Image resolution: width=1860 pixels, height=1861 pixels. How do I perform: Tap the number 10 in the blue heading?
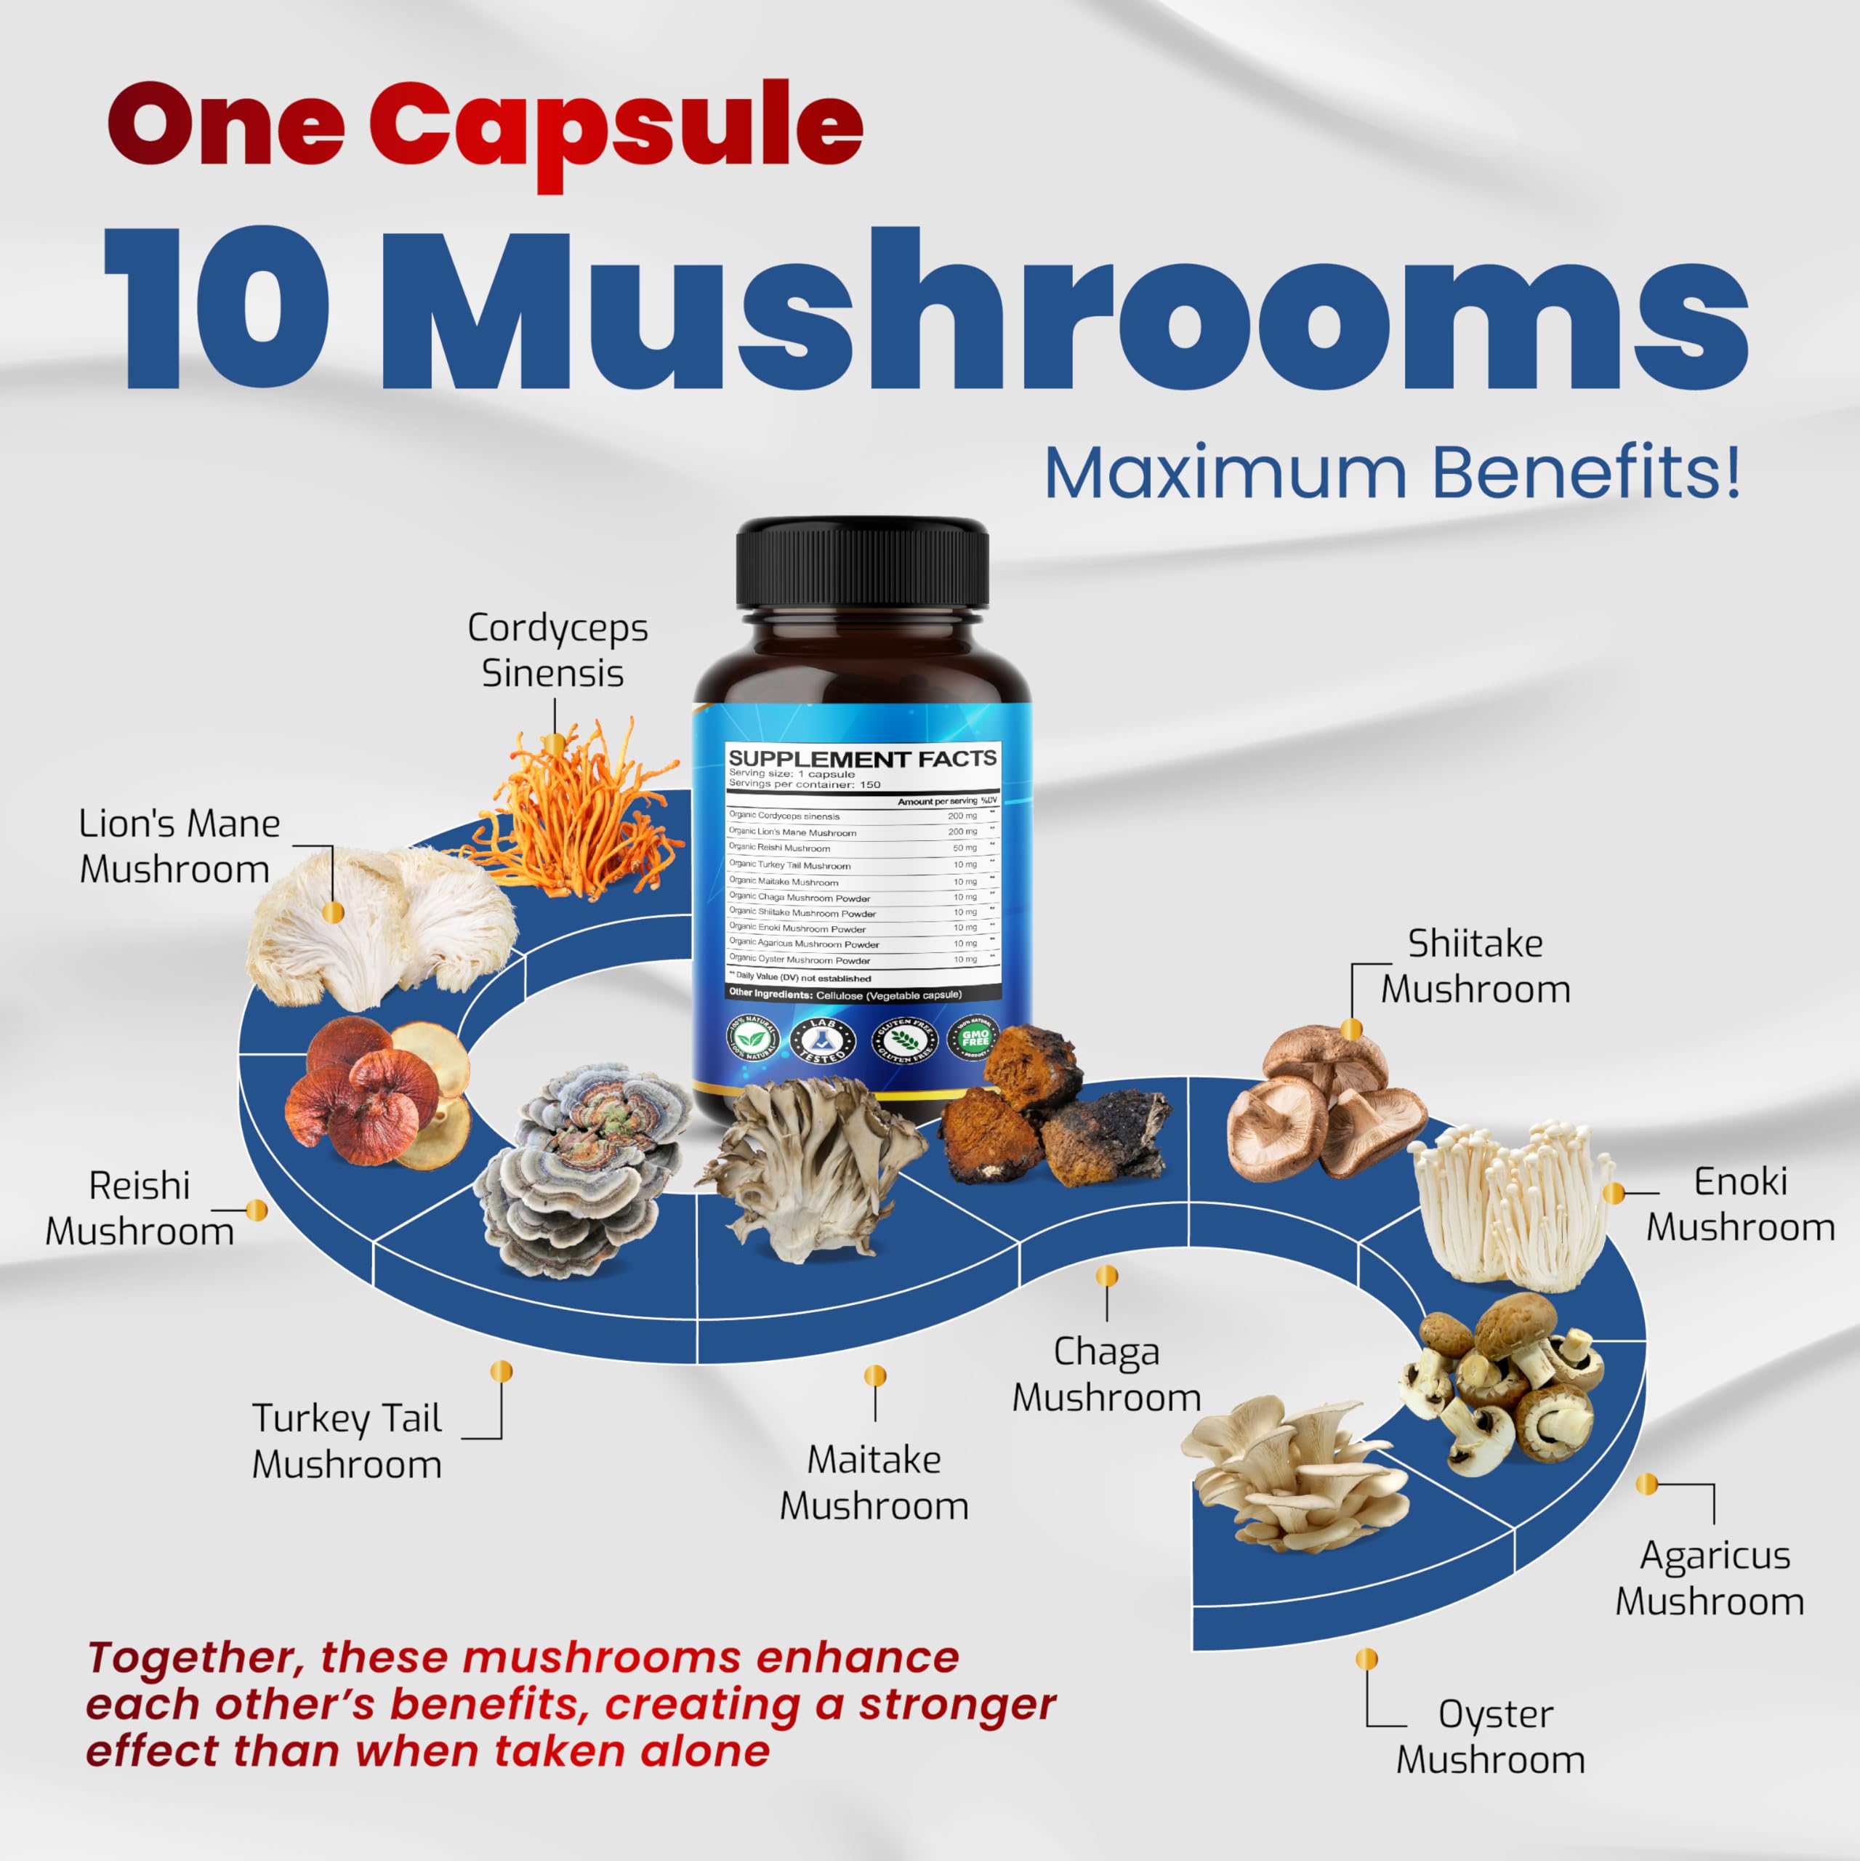tap(217, 310)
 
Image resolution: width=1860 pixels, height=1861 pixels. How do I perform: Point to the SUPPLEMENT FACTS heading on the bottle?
tap(862, 759)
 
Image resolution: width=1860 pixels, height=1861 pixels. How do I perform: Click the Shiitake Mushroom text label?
tap(1475, 966)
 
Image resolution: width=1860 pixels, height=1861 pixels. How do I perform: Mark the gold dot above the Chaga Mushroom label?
tap(1107, 1277)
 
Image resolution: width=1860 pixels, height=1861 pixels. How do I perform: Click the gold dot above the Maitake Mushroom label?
tap(874, 1375)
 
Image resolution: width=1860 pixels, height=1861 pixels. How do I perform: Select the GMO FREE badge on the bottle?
tap(974, 1038)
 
